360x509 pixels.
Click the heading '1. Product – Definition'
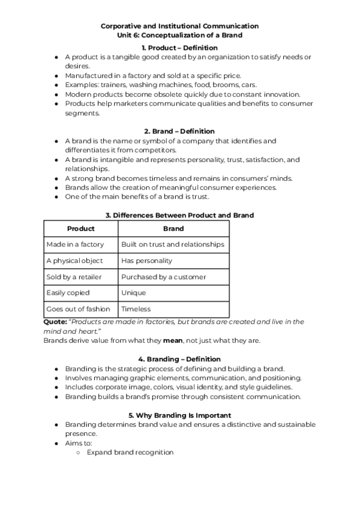point(179,47)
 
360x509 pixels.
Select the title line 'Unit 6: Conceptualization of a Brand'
point(179,35)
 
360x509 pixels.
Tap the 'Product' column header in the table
point(81,229)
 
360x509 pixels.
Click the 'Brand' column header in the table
point(173,229)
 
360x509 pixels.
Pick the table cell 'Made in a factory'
point(75,244)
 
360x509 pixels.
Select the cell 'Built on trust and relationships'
point(173,244)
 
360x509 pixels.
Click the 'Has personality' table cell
point(146,261)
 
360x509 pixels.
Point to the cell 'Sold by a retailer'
point(74,277)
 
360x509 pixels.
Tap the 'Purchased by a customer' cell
point(163,277)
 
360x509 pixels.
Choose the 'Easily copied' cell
point(68,293)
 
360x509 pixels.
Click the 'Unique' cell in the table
point(133,293)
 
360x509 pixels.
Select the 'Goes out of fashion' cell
point(78,309)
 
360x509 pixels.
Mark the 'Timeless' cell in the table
point(136,309)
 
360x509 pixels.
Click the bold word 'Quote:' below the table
point(55,322)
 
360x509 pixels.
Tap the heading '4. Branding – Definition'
point(179,360)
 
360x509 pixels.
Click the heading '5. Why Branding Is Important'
point(179,415)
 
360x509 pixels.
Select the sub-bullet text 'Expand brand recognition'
point(130,452)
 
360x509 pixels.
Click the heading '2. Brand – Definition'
point(179,131)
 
